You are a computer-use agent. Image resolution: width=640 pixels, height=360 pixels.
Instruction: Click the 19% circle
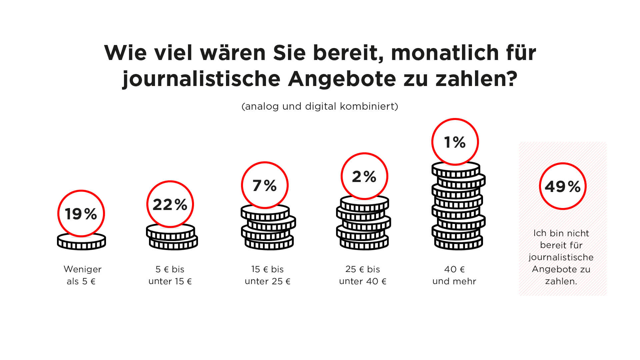click(x=81, y=213)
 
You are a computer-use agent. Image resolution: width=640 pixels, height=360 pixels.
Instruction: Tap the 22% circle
click(x=170, y=204)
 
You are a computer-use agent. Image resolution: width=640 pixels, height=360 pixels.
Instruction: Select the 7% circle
click(x=265, y=185)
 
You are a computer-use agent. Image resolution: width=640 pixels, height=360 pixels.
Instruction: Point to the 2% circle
click(x=364, y=176)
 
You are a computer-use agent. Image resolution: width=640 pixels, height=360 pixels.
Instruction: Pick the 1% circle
click(x=455, y=142)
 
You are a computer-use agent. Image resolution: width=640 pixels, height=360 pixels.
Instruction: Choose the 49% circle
click(x=563, y=186)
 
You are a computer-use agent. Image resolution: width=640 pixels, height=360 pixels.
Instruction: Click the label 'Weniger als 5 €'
click(x=82, y=275)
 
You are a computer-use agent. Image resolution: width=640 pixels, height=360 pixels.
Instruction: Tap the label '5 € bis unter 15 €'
click(x=170, y=275)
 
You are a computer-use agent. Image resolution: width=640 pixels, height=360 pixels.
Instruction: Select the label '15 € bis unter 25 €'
click(x=268, y=275)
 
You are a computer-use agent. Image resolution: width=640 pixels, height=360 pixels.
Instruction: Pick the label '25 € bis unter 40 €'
click(x=363, y=275)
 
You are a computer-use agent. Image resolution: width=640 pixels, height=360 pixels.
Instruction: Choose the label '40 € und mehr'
click(x=454, y=275)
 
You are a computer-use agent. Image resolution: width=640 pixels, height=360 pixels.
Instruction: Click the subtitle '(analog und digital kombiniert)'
click(x=320, y=106)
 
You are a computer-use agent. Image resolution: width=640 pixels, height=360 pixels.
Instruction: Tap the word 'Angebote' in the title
click(x=342, y=79)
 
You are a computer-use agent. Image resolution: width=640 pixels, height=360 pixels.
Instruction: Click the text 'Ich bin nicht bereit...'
click(x=561, y=257)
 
